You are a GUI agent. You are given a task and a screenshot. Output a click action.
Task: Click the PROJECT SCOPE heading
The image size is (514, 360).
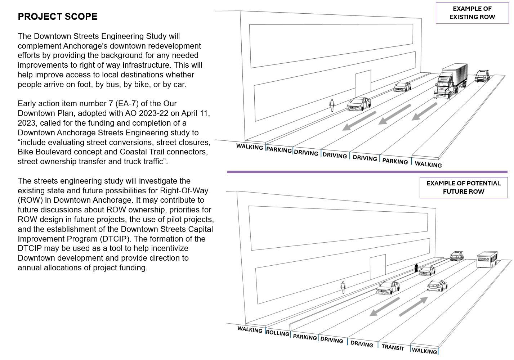coord(58,17)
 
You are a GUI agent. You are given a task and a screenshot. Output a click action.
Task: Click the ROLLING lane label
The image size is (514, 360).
coord(277,333)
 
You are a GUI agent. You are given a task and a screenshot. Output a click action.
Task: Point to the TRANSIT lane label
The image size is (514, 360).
coord(393,347)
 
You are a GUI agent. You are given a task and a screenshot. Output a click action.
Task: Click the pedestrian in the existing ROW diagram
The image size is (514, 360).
coord(332,105)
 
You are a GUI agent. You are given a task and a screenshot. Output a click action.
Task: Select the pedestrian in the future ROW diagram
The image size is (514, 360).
coord(343,287)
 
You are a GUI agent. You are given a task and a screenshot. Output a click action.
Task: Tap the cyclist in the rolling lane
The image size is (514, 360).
coord(416,268)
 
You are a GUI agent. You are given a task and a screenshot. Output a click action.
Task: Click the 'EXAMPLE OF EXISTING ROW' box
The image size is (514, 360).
coord(472,13)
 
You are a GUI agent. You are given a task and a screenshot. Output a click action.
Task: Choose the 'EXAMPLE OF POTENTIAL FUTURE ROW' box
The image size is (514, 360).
coord(463,187)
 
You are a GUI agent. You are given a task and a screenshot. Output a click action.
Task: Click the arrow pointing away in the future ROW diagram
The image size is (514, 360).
coord(414,306)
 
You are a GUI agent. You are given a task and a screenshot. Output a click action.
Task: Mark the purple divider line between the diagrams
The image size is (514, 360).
coord(367,172)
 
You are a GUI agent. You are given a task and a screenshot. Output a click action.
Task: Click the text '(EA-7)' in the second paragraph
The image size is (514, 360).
coord(128,104)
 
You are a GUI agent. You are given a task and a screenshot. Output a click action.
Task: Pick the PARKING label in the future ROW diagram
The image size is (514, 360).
coord(305,337)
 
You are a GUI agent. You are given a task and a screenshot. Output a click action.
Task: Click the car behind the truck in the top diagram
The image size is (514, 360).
coord(482,76)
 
